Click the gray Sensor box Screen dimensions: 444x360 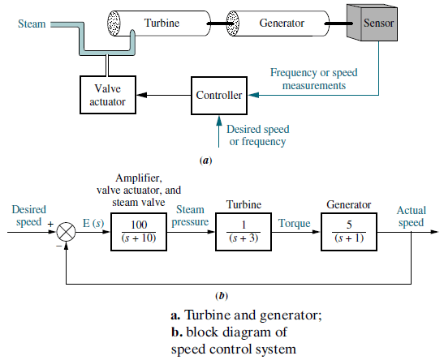point(372,23)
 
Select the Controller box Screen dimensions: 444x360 point(219,96)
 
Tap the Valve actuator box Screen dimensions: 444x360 point(108,95)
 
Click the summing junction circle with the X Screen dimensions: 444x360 point(66,232)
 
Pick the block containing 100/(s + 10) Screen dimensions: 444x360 point(139,232)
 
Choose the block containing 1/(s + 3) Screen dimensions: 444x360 point(244,232)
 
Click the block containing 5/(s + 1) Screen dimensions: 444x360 point(349,232)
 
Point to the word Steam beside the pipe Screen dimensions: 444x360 point(32,24)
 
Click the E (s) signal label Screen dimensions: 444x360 point(93,224)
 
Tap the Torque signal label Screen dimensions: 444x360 point(294,224)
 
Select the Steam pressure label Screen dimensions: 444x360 point(190,216)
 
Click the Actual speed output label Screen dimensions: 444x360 point(412,216)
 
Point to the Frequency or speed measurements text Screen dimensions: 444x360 point(314,79)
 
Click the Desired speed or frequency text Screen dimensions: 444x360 point(258,135)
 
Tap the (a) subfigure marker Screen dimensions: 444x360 point(206,161)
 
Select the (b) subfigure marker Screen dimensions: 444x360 point(222,296)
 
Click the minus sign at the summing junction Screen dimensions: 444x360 point(58,246)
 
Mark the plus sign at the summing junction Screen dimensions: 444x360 point(50,225)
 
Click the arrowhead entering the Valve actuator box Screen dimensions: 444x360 point(141,95)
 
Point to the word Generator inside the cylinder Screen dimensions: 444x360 point(282,23)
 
